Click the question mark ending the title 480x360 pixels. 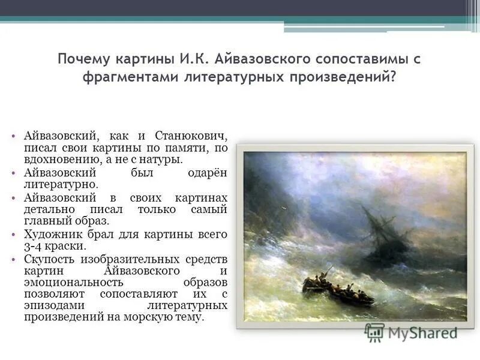[x=393, y=79]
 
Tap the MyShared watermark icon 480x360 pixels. [x=374, y=332]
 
